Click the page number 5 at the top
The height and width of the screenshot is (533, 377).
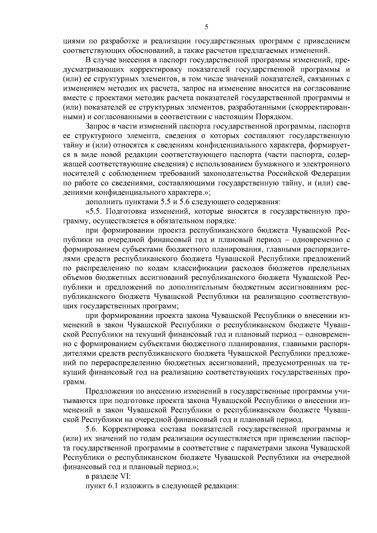(206, 27)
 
